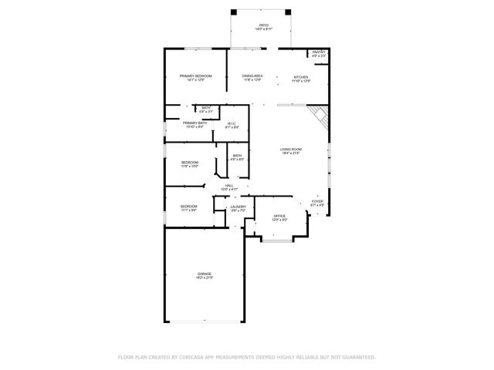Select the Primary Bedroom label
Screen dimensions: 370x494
point(195,77)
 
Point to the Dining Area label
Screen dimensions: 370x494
point(252,77)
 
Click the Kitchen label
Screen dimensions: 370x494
point(300,79)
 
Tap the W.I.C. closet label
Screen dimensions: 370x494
point(231,126)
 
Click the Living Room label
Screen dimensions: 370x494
point(290,151)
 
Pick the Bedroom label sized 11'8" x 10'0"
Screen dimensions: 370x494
point(190,163)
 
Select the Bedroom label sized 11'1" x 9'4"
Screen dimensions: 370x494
point(189,207)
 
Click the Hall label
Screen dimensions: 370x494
point(228,187)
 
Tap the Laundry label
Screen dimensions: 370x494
point(238,208)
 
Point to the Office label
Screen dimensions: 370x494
point(279,218)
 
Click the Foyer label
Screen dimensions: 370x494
point(316,203)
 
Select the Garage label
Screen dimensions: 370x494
point(204,275)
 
